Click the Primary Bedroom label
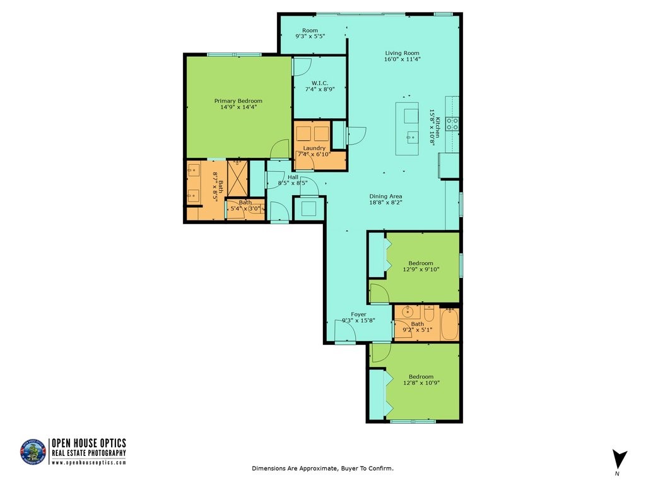238,101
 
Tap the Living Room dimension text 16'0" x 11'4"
402,59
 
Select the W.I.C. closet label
319,83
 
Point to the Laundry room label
314,148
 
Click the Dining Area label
385,196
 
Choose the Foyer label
358,314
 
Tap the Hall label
293,177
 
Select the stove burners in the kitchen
452,123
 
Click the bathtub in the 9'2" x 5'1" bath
449,324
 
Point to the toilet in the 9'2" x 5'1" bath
430,313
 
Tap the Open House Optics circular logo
33,452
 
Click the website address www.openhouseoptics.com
89,462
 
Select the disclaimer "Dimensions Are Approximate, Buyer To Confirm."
322,469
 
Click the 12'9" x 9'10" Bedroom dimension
421,269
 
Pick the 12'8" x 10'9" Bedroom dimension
421,383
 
